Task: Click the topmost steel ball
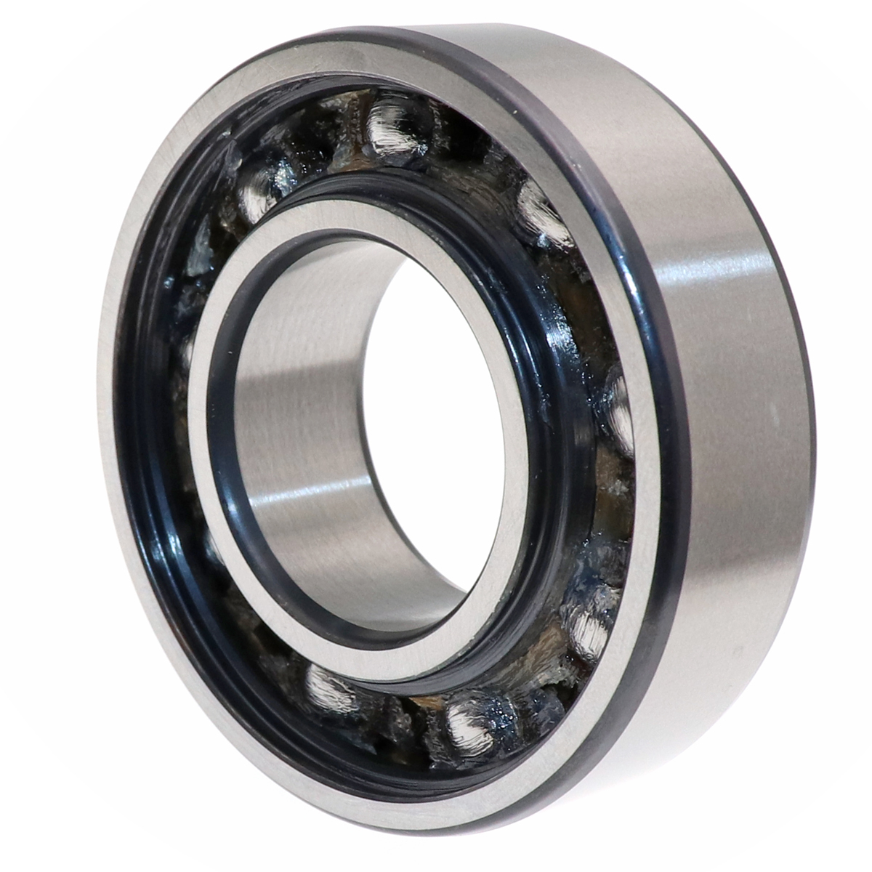tap(396, 127)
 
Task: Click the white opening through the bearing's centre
tap(429, 407)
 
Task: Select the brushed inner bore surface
tap(305, 436)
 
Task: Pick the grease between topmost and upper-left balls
tap(320, 145)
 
